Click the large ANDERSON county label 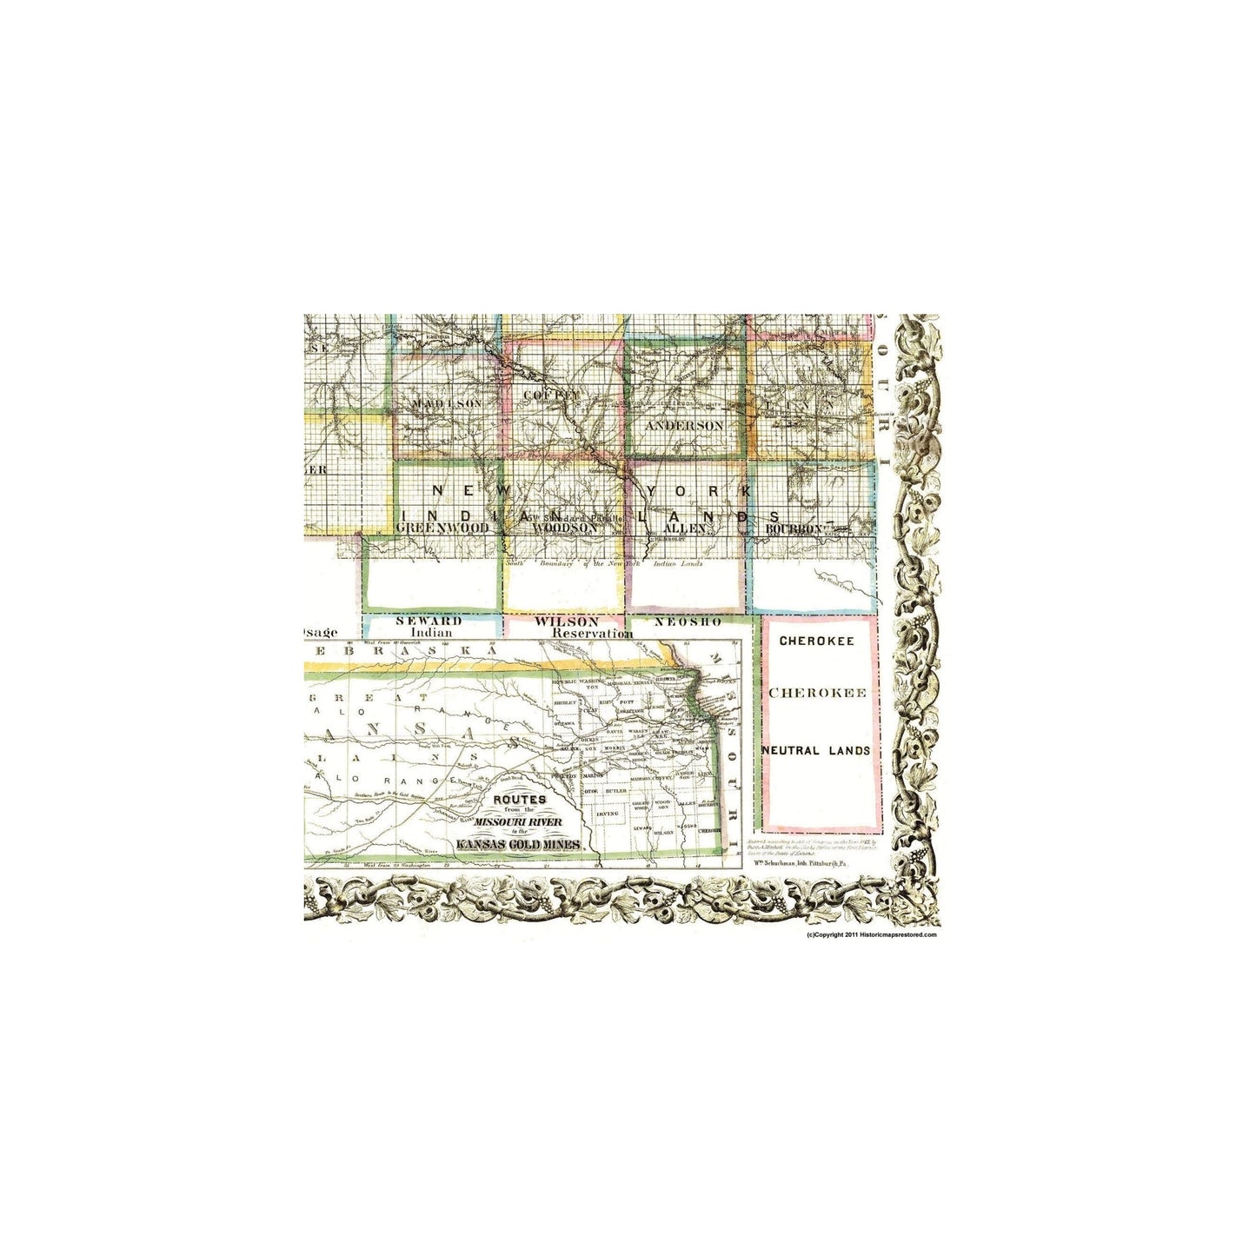684,426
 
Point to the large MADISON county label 447,404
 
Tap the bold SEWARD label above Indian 429,621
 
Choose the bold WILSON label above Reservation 567,621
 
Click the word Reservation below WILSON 592,634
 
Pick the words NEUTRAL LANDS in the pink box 815,750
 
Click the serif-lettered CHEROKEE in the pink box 818,694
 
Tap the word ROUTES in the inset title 519,799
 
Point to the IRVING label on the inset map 608,814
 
